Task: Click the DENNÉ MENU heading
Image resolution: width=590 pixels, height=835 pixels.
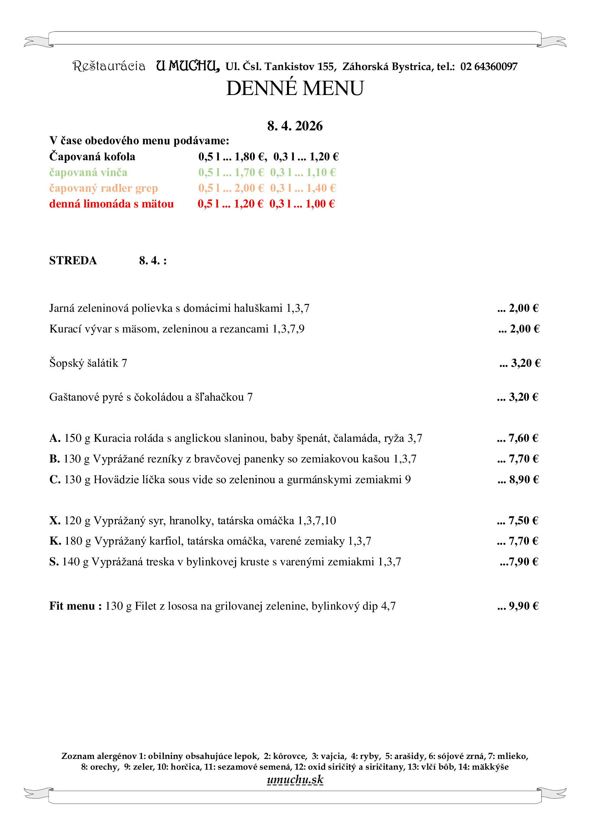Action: coord(295,88)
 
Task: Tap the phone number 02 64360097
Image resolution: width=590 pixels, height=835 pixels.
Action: coord(489,66)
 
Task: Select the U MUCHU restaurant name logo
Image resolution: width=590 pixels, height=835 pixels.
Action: coord(188,66)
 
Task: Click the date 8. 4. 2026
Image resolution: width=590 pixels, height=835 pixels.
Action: coord(295,126)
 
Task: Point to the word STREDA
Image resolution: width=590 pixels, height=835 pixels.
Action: coord(73,261)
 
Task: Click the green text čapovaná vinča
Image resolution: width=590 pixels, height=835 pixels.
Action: coord(88,172)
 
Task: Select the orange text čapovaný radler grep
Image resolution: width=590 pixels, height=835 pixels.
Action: coord(104,188)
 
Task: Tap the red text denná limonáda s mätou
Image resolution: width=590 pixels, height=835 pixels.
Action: coord(111,204)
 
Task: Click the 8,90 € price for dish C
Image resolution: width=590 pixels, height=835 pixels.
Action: coord(524,480)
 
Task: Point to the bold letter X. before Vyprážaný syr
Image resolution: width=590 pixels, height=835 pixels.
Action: coord(55,521)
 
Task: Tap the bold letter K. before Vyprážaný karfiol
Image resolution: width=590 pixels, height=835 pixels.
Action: coord(55,541)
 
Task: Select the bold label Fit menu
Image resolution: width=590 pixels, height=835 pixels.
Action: coord(75,606)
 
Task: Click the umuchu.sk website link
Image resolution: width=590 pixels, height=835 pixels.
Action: coord(295,780)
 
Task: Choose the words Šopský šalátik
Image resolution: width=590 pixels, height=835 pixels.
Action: coord(84,363)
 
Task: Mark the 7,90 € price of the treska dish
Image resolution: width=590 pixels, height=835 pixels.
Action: coord(523,562)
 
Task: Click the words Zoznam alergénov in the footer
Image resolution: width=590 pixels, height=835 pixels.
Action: coord(99,756)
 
